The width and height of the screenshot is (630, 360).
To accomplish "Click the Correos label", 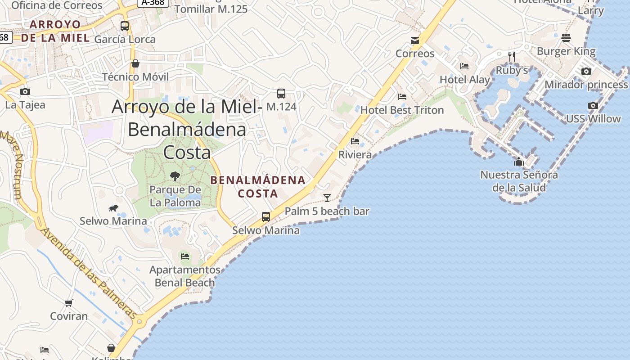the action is (415, 54).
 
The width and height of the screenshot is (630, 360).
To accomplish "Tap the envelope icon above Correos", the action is (415, 41).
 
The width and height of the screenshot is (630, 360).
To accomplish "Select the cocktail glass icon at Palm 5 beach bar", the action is (327, 198).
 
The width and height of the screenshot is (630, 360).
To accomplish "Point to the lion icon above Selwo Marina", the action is (113, 208).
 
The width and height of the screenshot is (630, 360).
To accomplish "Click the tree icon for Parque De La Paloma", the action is (175, 176).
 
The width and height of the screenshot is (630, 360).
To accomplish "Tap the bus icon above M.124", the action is (281, 94).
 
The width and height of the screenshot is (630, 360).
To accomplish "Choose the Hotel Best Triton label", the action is (402, 110).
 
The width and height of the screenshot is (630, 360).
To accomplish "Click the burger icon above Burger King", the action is (566, 38).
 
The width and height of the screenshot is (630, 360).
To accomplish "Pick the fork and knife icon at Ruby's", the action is (512, 57).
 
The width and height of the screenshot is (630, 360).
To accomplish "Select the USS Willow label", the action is (593, 119).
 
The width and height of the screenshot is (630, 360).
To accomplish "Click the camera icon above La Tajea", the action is (25, 92).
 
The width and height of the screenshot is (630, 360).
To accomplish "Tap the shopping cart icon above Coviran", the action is (69, 303).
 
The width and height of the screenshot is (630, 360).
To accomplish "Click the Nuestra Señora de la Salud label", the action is (519, 181).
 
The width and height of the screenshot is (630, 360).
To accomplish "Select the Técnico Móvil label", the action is (135, 77).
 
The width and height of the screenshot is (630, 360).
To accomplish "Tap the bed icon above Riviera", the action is (355, 141).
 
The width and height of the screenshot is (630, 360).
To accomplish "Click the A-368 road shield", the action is (153, 3).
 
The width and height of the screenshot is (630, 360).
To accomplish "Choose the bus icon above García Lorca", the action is (125, 26).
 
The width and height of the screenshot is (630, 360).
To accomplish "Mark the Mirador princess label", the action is (586, 85).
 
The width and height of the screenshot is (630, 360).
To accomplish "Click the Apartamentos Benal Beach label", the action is (185, 276).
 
